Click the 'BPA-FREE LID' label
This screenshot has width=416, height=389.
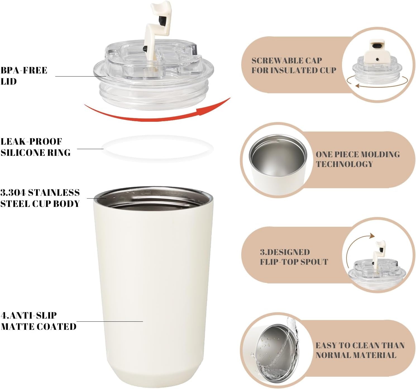click(x=24, y=76)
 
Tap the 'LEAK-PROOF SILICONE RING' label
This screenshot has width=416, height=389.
click(x=35, y=147)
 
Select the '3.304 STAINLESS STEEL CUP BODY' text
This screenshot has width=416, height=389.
click(x=40, y=198)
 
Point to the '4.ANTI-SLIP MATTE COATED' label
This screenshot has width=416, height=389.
click(x=39, y=321)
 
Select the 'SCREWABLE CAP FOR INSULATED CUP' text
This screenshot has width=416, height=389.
click(x=293, y=65)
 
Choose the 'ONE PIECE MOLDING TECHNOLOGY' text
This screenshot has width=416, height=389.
click(x=357, y=159)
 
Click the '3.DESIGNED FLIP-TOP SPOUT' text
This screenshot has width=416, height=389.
click(x=294, y=257)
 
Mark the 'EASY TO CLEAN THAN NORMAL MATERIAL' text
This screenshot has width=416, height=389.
click(x=360, y=350)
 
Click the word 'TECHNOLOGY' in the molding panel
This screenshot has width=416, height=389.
click(x=344, y=164)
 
